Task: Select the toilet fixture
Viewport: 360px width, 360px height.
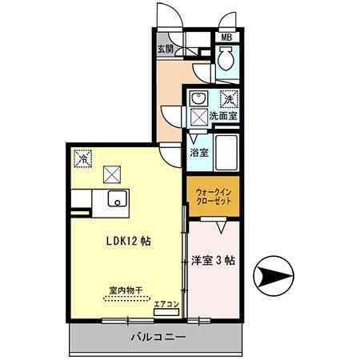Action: coord(226,58)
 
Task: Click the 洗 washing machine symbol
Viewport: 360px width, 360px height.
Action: coord(228,100)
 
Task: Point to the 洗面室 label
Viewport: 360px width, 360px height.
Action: coord(222,117)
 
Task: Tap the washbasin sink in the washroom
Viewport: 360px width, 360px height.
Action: coord(198,99)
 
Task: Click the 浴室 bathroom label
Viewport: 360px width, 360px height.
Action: coord(199,151)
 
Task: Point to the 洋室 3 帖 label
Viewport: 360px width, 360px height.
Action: coord(213,261)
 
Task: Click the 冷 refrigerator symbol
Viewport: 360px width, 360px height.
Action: coord(82,158)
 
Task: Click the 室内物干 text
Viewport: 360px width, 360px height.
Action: coord(126,290)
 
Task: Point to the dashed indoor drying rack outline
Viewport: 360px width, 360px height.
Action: coord(126,298)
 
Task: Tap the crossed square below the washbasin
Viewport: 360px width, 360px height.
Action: coord(198,117)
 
